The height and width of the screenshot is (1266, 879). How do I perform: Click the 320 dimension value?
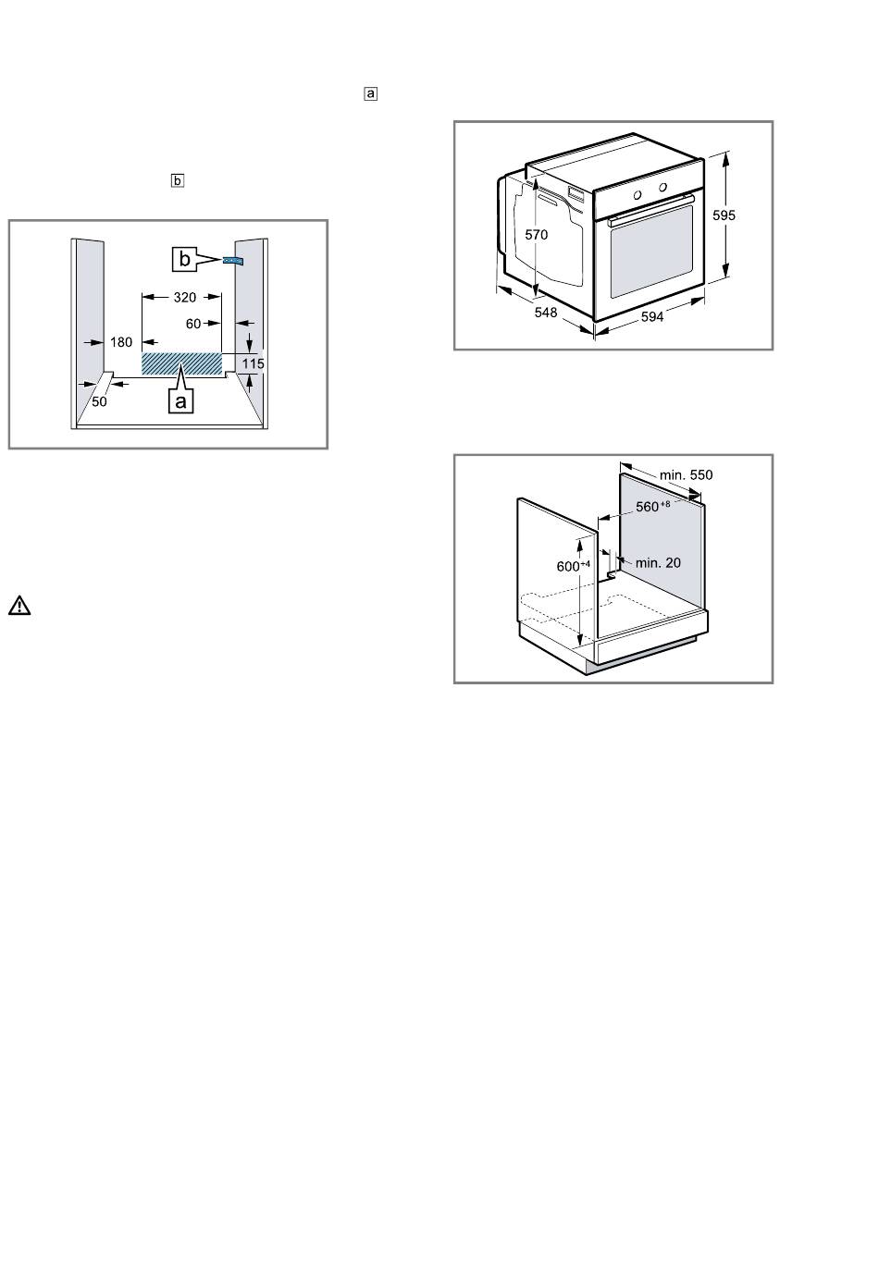184,297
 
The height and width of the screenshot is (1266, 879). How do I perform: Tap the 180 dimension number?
121,342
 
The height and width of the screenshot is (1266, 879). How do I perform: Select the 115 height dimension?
253,363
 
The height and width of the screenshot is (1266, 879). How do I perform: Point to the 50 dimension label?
99,401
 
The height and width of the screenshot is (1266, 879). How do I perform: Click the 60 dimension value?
193,324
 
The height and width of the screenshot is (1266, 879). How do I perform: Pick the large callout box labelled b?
184,260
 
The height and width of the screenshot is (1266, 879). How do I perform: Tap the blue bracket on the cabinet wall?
233,260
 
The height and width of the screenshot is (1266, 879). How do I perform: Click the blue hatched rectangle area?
181,363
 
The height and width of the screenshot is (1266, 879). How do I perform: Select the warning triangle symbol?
19,606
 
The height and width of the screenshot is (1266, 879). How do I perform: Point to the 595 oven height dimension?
724,215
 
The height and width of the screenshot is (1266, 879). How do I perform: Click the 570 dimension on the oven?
537,235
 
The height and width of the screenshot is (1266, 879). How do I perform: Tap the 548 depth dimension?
546,312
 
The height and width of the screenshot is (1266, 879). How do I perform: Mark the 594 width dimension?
652,317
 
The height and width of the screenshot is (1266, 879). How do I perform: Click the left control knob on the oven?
638,195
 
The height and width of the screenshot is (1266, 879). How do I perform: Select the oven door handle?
651,209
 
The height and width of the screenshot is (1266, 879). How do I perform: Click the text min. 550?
686,474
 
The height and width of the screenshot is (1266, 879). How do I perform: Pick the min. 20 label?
658,563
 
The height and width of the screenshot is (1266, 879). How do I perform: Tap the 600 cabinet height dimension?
573,566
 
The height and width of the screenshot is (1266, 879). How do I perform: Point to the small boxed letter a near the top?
370,93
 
